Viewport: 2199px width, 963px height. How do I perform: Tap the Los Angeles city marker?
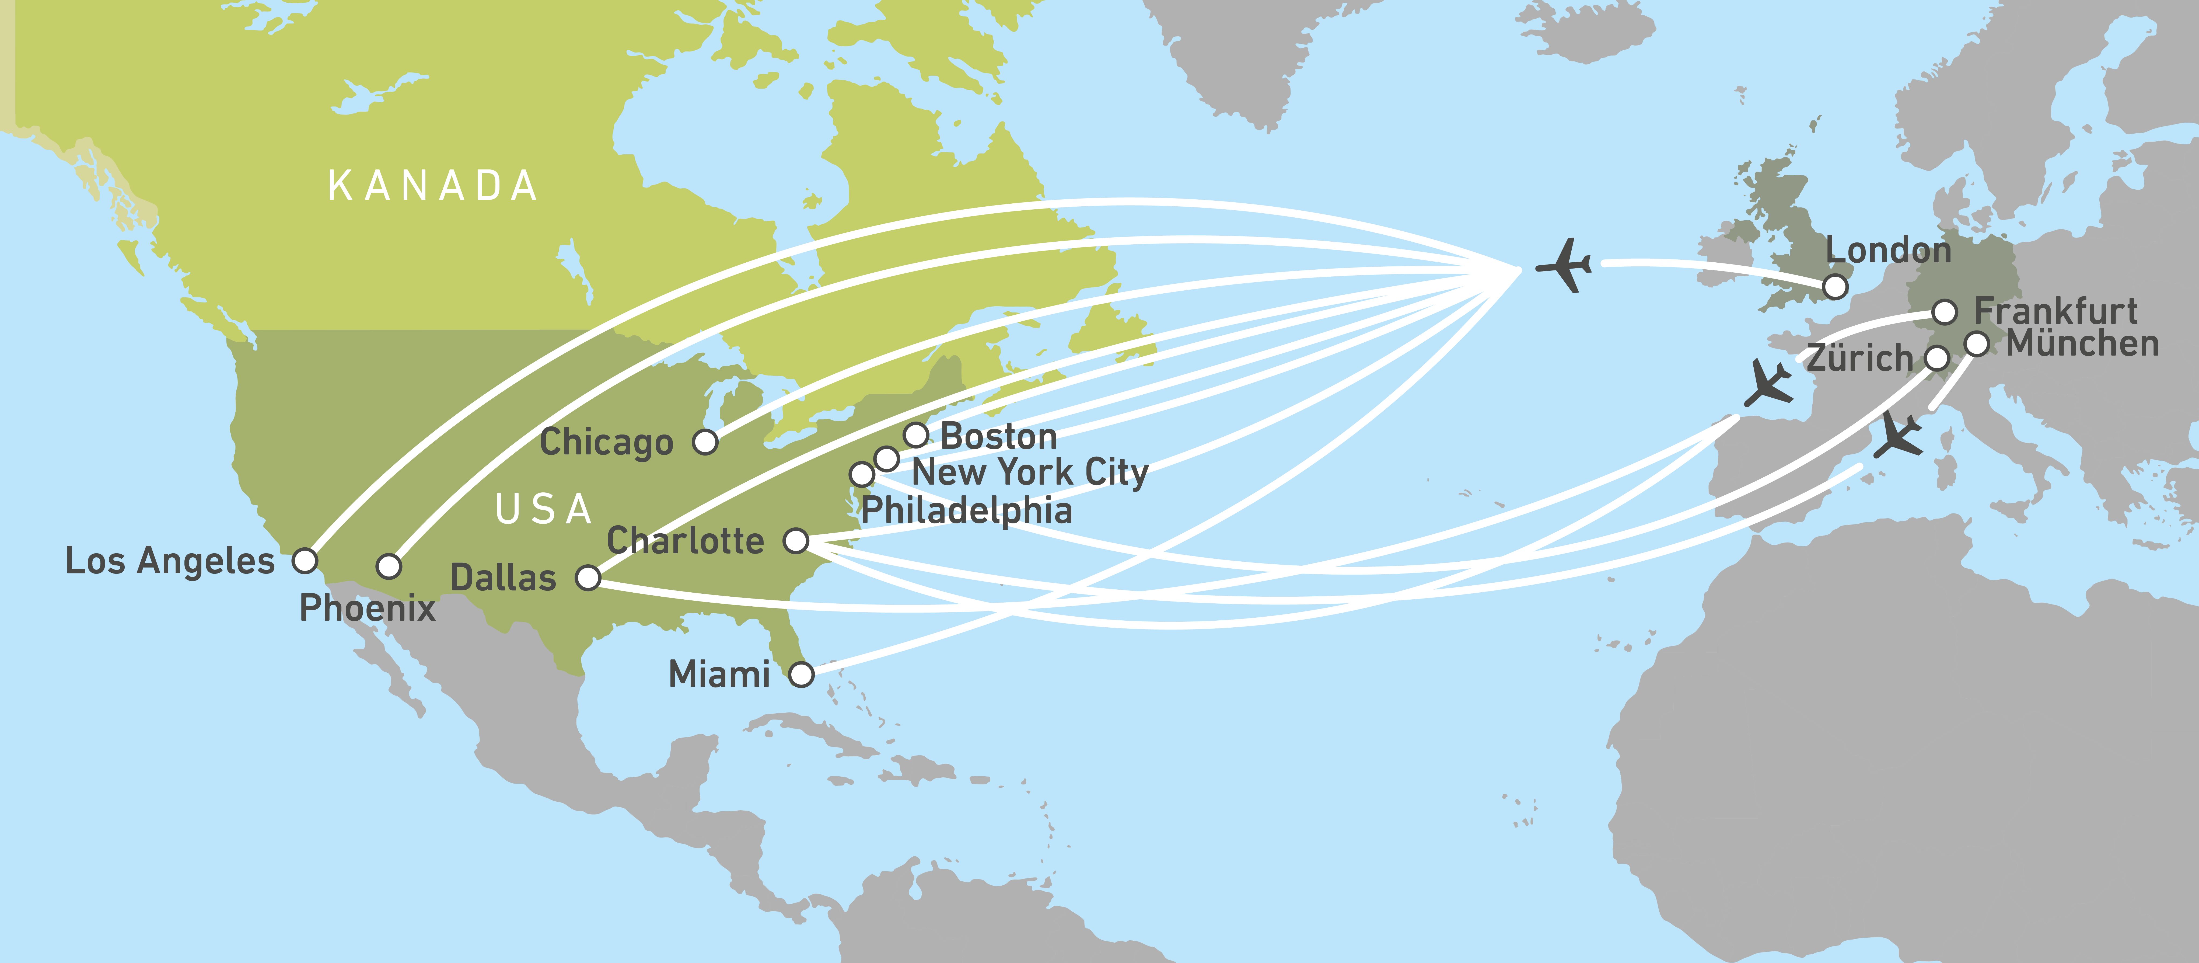tap(305, 561)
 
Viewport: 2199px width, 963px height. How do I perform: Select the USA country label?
tap(544, 510)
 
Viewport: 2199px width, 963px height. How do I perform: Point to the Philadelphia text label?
tap(966, 510)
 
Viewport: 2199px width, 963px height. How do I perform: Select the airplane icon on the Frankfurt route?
tap(1769, 383)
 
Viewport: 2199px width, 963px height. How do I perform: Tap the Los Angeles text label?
tap(170, 561)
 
